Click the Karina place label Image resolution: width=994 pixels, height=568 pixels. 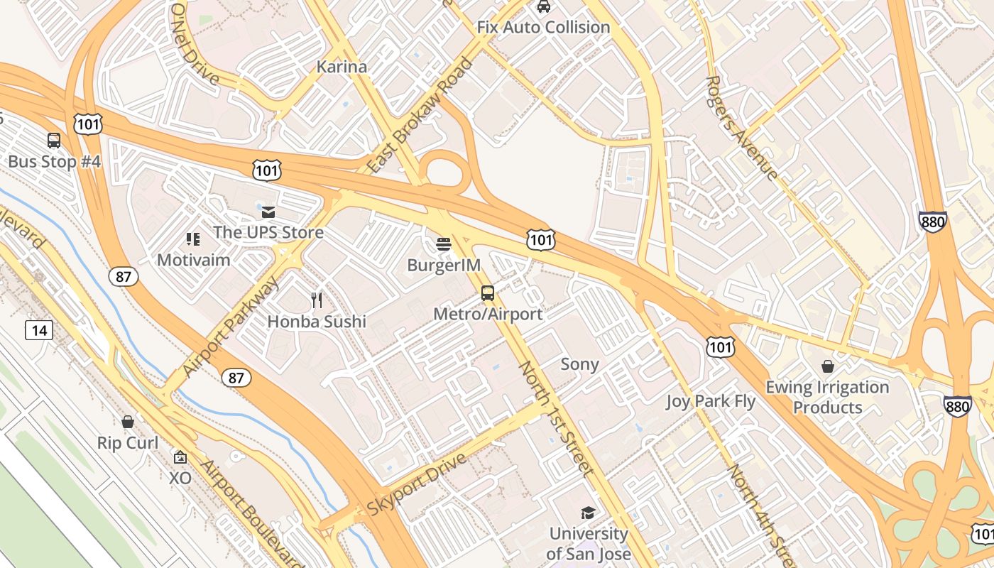click(342, 67)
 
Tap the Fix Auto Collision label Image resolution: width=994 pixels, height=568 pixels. click(543, 27)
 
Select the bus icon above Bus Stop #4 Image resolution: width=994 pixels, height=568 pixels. click(54, 140)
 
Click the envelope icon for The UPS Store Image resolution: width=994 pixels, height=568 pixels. click(268, 212)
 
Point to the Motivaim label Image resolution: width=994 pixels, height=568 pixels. click(193, 260)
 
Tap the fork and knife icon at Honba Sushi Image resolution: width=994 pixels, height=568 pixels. click(317, 300)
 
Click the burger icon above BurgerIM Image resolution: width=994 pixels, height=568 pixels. click(444, 245)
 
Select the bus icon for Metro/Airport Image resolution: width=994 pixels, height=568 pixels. click(488, 293)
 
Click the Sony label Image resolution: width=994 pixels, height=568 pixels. click(580, 364)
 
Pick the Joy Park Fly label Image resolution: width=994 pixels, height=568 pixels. click(711, 401)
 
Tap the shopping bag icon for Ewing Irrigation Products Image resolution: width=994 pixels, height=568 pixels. click(827, 366)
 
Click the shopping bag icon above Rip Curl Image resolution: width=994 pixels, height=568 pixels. click(128, 422)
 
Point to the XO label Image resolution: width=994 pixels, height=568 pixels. click(180, 479)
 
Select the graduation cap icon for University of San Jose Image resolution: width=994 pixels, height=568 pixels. click(588, 513)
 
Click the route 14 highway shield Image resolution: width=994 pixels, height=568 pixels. click(39, 329)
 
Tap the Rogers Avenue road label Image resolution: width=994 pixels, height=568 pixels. click(743, 128)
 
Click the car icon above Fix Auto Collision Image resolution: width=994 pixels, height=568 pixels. click(543, 6)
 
